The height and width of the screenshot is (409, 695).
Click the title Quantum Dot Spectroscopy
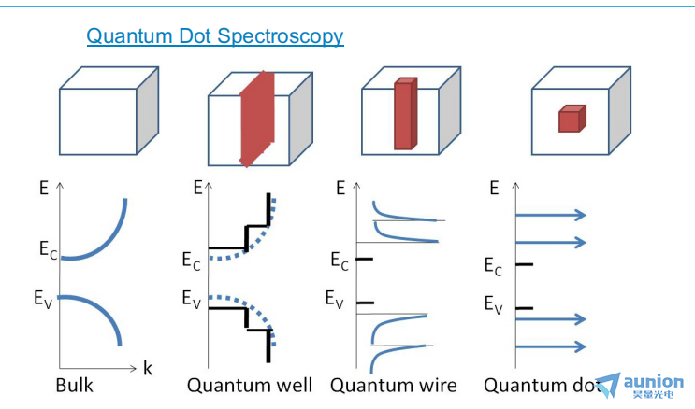[214, 36]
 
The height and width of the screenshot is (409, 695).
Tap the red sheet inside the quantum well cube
[254, 117]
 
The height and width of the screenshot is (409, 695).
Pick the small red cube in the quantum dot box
[571, 120]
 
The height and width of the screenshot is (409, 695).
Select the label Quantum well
[250, 385]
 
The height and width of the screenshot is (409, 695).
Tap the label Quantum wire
[393, 385]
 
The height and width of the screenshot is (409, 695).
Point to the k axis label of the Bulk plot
[147, 368]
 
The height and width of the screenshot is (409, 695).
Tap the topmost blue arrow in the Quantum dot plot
[551, 215]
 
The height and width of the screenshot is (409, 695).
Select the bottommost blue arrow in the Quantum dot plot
[551, 346]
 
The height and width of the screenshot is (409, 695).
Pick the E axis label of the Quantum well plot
[197, 188]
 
